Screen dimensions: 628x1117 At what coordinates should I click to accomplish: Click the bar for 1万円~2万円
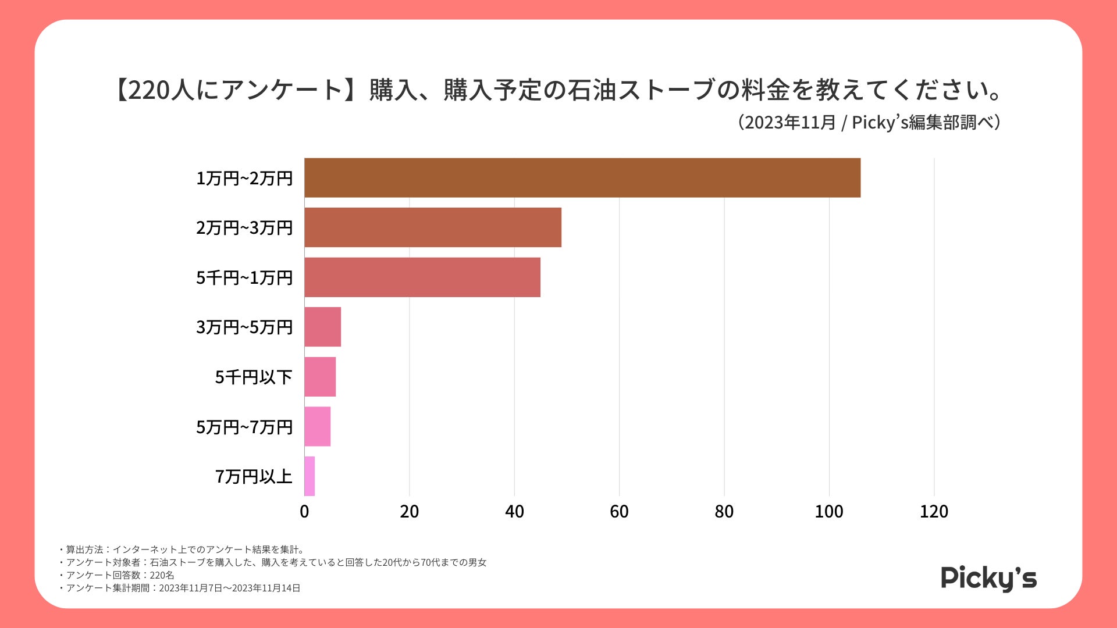[582, 178]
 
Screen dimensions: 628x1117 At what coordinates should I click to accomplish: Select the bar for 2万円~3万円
[433, 227]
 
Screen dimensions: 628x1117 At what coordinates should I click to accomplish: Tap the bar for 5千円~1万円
[422, 277]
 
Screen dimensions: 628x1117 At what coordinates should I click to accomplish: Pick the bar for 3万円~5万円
[323, 327]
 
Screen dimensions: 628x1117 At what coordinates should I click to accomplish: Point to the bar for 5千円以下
[320, 377]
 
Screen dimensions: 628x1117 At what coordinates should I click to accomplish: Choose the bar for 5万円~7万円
[318, 426]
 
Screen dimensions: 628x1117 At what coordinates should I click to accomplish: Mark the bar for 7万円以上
[310, 476]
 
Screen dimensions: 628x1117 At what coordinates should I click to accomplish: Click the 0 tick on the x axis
[304, 512]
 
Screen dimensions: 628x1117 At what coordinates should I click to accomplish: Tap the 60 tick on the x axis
[619, 512]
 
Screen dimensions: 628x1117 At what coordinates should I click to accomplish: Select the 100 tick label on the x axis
[829, 512]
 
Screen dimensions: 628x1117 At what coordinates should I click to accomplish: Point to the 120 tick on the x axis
[934, 512]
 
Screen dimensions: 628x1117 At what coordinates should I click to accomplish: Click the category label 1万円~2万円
[244, 179]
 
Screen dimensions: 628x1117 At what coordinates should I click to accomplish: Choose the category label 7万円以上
[254, 477]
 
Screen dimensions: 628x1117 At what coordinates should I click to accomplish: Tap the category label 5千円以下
[254, 377]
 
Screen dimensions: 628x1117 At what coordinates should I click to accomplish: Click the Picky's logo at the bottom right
[988, 578]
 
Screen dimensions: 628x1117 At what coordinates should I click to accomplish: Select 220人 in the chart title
[161, 90]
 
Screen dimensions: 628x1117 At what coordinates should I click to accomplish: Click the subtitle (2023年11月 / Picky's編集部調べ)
[869, 123]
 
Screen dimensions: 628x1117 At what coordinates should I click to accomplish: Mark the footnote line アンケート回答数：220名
[120, 575]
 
